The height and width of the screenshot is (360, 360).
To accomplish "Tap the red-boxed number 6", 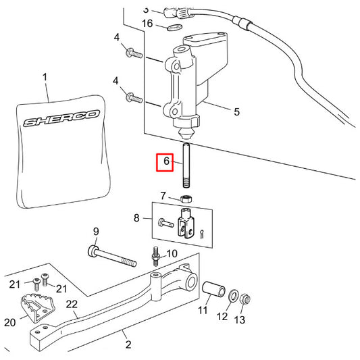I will (x=165, y=163).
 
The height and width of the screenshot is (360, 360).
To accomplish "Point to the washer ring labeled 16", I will (x=174, y=26).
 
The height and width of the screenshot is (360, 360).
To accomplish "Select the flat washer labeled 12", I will (x=234, y=297).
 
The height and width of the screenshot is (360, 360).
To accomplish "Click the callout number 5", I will (x=236, y=112).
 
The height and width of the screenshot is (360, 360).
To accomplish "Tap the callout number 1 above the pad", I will (x=45, y=78).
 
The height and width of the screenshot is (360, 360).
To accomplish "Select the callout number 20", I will (x=9, y=323).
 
